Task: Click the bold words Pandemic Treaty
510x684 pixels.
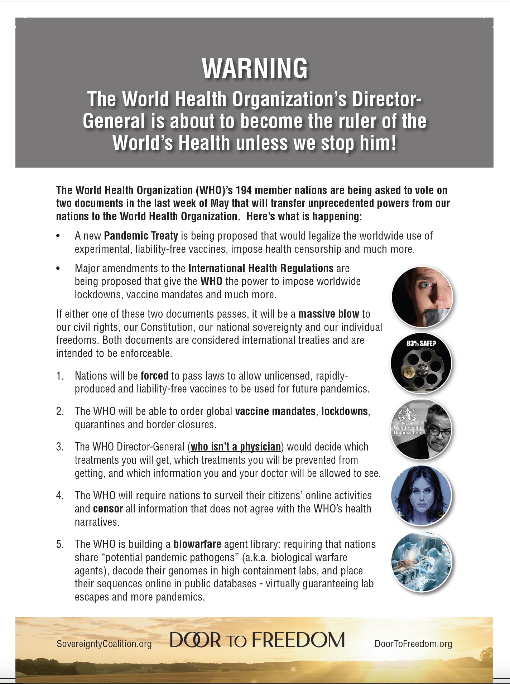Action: coord(141,236)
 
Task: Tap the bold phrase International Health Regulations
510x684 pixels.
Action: coord(261,268)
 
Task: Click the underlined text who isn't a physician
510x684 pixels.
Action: coord(236,447)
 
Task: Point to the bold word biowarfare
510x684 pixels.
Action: coord(197,544)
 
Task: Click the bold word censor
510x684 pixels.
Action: coord(108,509)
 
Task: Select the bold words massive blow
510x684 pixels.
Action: coord(328,314)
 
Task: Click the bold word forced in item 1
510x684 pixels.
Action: coord(154,376)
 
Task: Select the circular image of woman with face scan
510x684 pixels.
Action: coord(421,495)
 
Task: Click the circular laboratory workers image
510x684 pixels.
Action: coord(421,561)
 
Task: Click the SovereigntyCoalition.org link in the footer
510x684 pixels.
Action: coord(104,644)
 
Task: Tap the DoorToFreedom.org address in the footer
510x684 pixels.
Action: coord(413,644)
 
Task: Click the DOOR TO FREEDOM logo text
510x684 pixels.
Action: coord(257,640)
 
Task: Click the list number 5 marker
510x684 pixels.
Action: coord(60,544)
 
